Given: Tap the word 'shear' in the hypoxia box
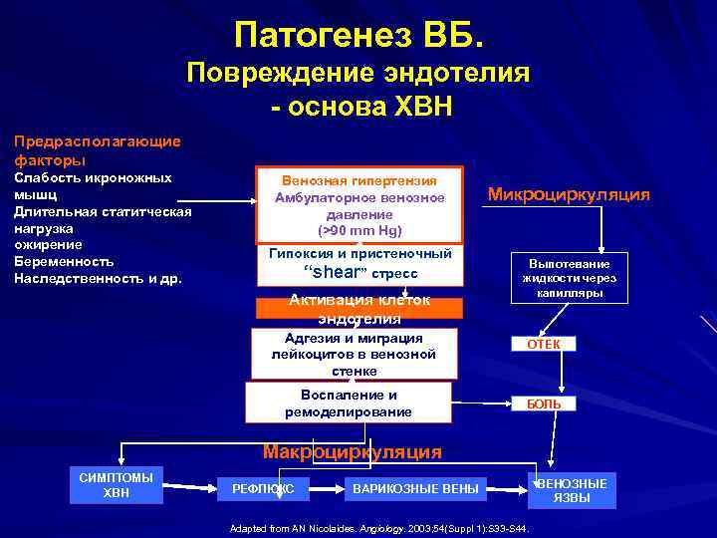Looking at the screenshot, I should click(335, 272).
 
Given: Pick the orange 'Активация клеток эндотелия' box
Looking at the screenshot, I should click(359, 309).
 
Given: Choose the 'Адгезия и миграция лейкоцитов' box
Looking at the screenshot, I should click(354, 354).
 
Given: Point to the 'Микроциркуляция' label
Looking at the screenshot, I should click(568, 194).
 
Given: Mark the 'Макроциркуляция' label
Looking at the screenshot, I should click(352, 451).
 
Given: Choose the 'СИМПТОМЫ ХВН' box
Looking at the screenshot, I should click(117, 485).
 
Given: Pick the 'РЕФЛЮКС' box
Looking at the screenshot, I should click(263, 488).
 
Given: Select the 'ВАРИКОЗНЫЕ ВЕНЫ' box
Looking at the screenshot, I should click(415, 488).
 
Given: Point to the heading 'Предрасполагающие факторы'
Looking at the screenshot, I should click(97, 149).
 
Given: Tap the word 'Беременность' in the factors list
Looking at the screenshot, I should click(57, 261).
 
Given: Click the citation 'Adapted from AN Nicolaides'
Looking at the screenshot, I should click(378, 528).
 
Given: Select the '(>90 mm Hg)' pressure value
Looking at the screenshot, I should click(359, 230).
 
